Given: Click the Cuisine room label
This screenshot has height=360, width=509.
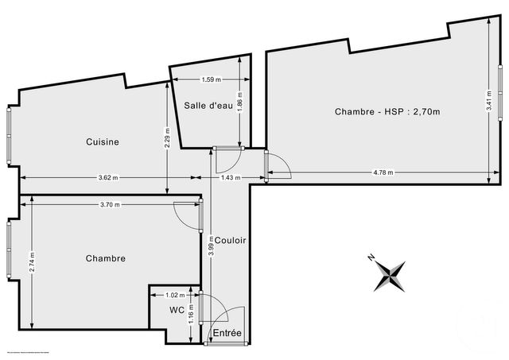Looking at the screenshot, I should coord(103,142).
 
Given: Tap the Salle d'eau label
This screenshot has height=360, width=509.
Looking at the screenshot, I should coord(208,106).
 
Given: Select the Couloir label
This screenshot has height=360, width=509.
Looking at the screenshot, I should coord(230,239).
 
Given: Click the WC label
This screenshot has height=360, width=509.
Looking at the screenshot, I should coord(177,310).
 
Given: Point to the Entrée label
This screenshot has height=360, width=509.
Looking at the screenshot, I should coord(228,333).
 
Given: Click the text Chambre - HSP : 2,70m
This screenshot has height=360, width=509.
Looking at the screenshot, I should coord(389,111).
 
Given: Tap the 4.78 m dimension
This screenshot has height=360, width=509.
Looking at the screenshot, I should coord(386,172).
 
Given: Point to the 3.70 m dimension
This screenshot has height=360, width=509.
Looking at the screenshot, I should coord(111,205).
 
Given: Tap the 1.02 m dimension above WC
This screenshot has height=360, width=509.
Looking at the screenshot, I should coord(174,294).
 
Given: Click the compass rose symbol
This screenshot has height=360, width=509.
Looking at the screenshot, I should coord(390,275).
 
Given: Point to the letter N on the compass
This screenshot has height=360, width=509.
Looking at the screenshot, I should coord(371,257).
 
